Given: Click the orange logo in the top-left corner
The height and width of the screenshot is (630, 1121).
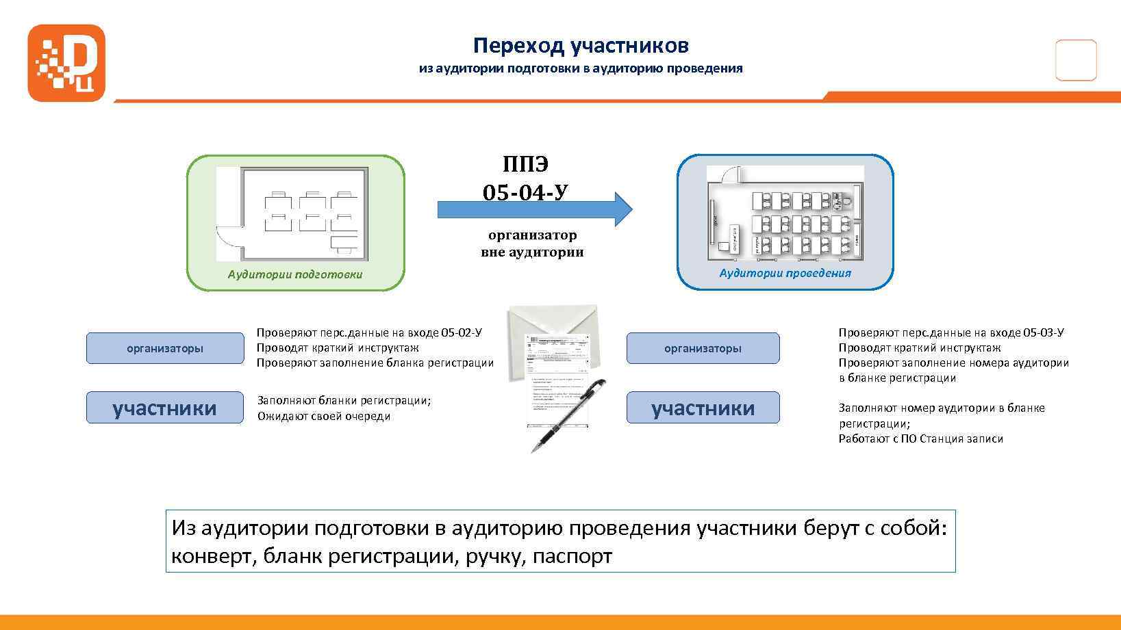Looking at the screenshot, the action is pos(66,63).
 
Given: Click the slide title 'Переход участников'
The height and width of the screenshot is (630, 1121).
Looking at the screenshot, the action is pos(581,45).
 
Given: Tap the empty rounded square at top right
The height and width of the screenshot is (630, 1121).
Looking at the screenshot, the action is pos(1076,60).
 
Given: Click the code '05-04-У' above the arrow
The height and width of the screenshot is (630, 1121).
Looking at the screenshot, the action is pos(525,193).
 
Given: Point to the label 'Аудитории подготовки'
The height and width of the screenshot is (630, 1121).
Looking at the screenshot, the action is pos(295,274).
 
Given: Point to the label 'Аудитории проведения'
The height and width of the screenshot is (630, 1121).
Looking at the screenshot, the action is pos(785,273).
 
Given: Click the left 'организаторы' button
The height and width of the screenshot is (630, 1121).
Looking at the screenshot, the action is pos(165,348).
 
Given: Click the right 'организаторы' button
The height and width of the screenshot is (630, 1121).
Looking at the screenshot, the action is pos(703,348).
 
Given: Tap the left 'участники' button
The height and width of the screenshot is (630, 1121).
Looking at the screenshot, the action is pos(164,408).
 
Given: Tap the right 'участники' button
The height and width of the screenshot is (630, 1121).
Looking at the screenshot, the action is pos(703,408).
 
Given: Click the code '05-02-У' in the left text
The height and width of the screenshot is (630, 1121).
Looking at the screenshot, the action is pos(462,332).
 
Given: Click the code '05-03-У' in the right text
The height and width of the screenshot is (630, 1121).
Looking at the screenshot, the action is pos(1043,332).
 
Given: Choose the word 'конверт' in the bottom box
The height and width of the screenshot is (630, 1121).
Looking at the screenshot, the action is pos(212,556).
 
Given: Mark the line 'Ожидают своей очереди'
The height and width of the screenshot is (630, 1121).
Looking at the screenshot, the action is pos(324,416).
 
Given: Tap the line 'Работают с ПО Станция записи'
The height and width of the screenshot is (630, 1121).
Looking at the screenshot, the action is pos(920,438).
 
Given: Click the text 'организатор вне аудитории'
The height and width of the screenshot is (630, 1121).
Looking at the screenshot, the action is pos(532,244).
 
